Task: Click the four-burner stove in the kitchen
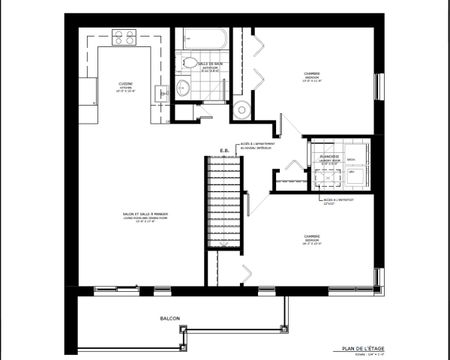pyautogui.click(x=124, y=38)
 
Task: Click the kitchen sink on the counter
pyautogui.click(x=159, y=92)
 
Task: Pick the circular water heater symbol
pyautogui.click(x=241, y=108)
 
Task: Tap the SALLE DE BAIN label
pyautogui.click(x=209, y=64)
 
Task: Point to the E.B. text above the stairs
pyautogui.click(x=225, y=152)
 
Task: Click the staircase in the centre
pyautogui.click(x=224, y=205)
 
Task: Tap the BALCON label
pyautogui.click(x=169, y=318)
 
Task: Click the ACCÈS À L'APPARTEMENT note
pyautogui.click(x=262, y=146)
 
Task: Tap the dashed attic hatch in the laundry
pyautogui.click(x=330, y=176)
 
